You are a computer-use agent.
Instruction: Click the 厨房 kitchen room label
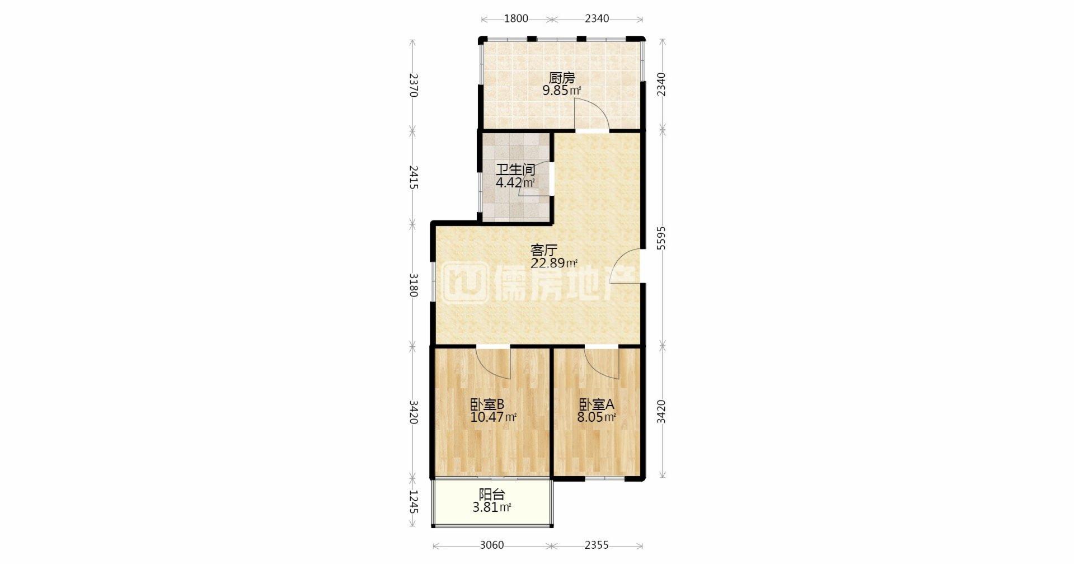561,78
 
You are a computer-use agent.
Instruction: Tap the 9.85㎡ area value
561,91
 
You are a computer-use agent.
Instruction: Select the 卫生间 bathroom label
515,170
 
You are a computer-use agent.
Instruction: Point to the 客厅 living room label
544,249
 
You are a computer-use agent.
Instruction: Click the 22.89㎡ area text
554,263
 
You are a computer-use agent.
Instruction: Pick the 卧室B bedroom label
487,404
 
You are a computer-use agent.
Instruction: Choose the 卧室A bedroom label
597,404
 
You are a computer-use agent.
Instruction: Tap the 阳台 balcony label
492,495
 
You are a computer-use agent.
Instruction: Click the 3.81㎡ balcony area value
492,508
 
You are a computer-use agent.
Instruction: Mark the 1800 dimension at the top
516,18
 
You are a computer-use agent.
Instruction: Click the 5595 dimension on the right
661,241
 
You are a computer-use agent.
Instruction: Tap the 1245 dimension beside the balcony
413,502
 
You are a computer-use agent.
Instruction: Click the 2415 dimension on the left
413,177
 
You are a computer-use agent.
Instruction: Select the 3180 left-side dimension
413,285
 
